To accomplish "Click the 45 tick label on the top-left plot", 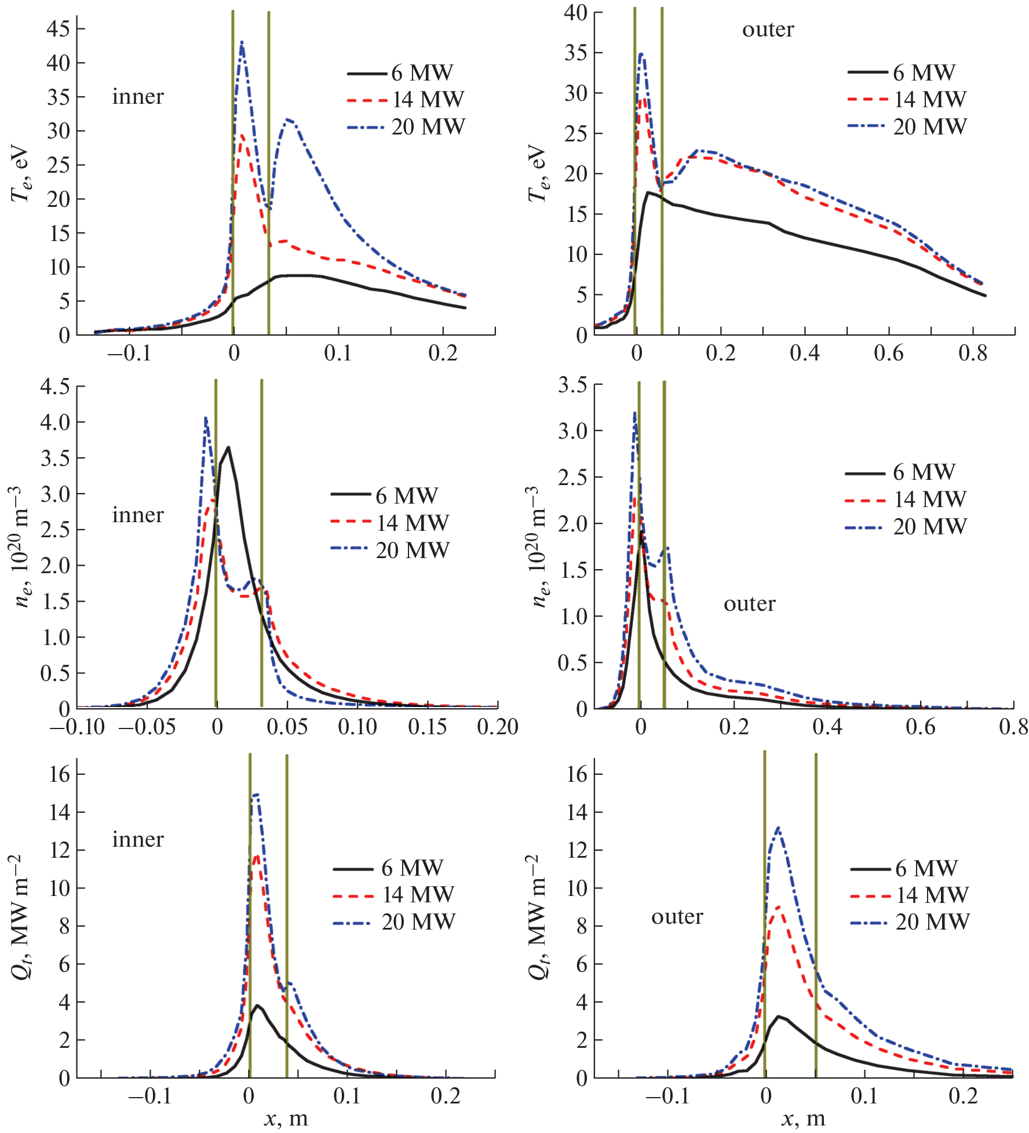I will [x=59, y=28].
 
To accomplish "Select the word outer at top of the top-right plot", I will [x=768, y=30].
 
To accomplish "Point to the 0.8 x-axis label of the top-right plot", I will [x=972, y=353].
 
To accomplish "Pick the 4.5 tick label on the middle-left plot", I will [x=55, y=386].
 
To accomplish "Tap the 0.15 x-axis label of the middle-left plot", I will [x=427, y=727].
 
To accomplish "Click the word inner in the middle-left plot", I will [x=138, y=515].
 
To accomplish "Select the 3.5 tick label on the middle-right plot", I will [x=572, y=385].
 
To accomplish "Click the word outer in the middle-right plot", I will [x=749, y=604].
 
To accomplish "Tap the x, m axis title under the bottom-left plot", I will [x=286, y=1118].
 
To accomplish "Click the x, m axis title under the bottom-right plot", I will [x=804, y=1118].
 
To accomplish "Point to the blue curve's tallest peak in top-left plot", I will [x=242, y=42].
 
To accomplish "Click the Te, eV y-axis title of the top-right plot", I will [x=538, y=173].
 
